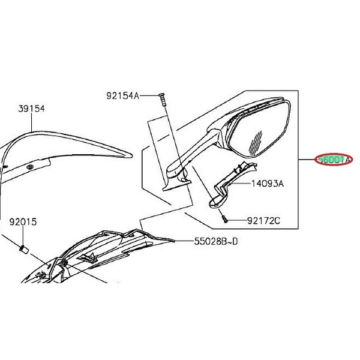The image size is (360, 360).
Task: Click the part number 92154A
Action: click(122, 95)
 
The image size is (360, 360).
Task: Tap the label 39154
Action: click(31, 109)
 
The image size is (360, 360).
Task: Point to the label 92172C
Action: click(263, 221)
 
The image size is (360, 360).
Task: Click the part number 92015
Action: click(23, 222)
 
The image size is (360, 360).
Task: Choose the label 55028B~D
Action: click(214, 242)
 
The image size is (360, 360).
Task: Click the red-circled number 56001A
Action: click(335, 161)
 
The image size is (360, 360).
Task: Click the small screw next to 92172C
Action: click(223, 220)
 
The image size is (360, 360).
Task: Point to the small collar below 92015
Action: click(23, 248)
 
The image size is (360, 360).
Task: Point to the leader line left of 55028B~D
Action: click(184, 242)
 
